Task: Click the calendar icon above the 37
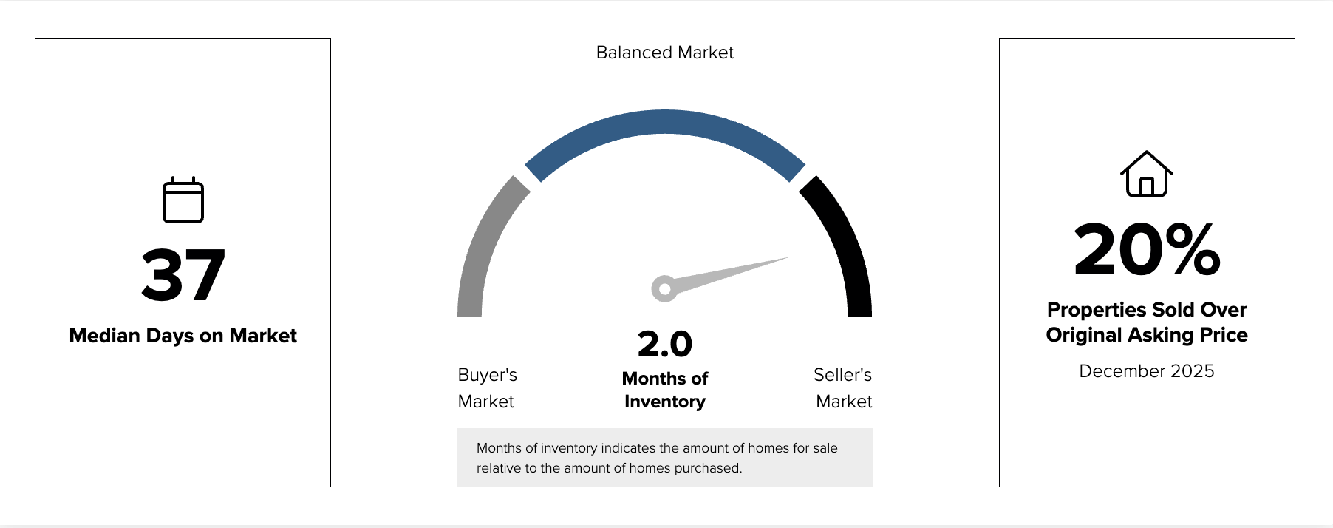[183, 200]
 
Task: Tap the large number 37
[183, 275]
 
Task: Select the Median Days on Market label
[183, 336]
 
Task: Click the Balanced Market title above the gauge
[664, 53]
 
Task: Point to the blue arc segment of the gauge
[664, 122]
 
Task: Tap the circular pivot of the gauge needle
[664, 288]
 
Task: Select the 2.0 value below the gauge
[664, 344]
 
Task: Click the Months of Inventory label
[664, 390]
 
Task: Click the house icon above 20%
[1146, 175]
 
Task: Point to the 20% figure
[1146, 250]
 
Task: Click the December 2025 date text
[1146, 371]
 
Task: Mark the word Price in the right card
[1224, 335]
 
